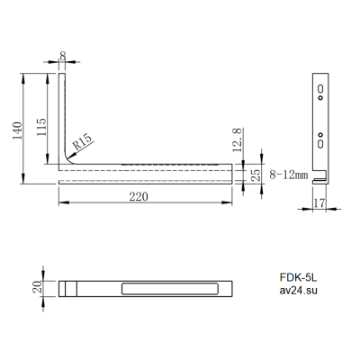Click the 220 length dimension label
(139, 197)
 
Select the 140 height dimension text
(17, 130)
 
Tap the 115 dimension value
(41, 127)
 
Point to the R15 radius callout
(82, 141)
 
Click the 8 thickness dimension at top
(63, 56)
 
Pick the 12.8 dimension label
(237, 139)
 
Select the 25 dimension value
(256, 175)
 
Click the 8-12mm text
(288, 175)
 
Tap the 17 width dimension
(319, 203)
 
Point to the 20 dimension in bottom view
(37, 287)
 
